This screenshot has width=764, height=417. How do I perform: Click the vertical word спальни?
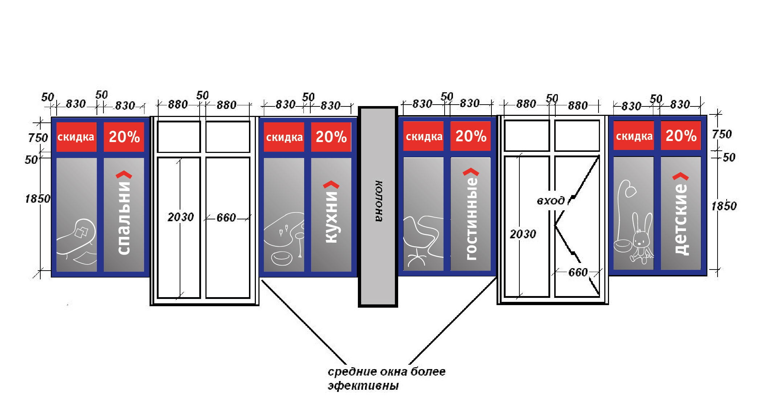[x=124, y=218]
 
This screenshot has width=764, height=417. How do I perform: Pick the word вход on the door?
[x=551, y=201]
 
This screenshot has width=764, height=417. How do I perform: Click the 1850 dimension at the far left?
[x=37, y=199]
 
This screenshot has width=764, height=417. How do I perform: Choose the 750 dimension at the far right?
[x=722, y=134]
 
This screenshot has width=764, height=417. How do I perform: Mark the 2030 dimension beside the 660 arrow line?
[x=180, y=217]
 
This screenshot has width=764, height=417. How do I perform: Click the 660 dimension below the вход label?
[x=578, y=272]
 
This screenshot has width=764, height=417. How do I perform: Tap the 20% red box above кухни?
[x=331, y=137]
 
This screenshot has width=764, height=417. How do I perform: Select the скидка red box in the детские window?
[x=634, y=136]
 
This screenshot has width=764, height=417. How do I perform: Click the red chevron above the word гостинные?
[x=471, y=172]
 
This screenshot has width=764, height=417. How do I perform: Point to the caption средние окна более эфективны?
[x=386, y=378]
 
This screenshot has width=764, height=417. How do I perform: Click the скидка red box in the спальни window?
[x=76, y=137]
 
